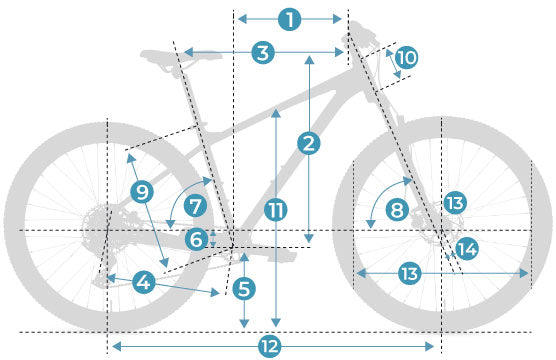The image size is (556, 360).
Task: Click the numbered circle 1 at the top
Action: coord(290,19)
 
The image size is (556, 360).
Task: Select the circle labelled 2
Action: coord(309,143)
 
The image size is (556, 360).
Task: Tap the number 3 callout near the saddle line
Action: coord(263,53)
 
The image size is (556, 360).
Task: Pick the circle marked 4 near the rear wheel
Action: coord(144,282)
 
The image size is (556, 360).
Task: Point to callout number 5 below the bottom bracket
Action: coord(244,288)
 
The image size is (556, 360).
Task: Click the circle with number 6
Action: coord(196,239)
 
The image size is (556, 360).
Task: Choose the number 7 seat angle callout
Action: coord(195,206)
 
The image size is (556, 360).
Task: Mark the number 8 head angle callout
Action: coord(397,209)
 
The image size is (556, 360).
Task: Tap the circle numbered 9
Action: coord(142,192)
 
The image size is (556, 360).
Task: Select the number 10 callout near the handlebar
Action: coord(406,57)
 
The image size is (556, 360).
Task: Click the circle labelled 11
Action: coord(276,210)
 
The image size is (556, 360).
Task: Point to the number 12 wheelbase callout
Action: coord(270,346)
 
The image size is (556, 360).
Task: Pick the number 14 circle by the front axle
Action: coord(467,249)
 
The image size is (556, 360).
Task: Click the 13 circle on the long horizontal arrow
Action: coord(410,273)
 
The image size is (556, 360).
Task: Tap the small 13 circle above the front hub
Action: coord(455,203)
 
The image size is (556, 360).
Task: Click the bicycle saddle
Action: coord(181,57)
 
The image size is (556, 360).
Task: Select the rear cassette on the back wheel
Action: coord(95,226)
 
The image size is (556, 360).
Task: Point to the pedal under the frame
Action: coord(282,255)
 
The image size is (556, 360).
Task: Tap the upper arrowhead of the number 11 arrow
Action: coord(276,113)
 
